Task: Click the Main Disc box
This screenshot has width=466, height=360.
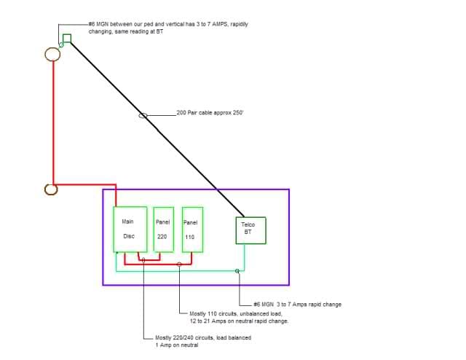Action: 130,229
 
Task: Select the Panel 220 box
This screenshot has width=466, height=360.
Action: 163,229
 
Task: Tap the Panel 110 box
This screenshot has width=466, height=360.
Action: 192,229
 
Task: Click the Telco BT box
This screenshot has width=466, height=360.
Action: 250,230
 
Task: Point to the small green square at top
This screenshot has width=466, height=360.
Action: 67,38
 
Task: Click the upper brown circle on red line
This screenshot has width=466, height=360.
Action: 53,54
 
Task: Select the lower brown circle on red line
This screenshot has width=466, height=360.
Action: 51,189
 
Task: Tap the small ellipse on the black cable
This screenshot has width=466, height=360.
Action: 143,115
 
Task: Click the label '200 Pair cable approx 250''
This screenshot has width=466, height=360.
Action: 212,113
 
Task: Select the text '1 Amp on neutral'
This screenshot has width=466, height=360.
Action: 177,345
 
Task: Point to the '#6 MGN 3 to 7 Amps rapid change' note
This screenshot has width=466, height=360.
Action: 297,304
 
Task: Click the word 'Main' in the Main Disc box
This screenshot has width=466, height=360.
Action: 128,221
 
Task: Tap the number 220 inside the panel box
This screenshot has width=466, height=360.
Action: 162,236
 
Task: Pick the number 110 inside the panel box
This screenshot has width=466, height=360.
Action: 190,237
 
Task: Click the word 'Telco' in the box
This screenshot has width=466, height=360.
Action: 248,225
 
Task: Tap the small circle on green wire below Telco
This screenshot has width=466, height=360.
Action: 237,271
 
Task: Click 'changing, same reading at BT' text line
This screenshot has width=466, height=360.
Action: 125,32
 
